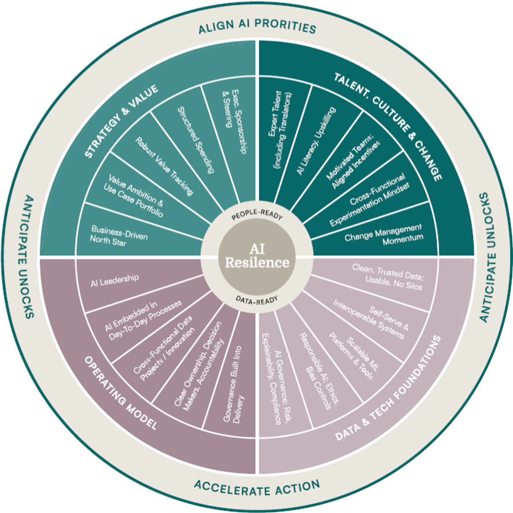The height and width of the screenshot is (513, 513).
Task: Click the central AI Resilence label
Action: [257, 256]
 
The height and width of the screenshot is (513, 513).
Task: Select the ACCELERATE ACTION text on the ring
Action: [257, 487]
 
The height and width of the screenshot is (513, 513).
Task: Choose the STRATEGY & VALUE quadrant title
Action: [121, 121]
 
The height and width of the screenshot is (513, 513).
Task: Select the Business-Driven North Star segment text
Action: [119, 235]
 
